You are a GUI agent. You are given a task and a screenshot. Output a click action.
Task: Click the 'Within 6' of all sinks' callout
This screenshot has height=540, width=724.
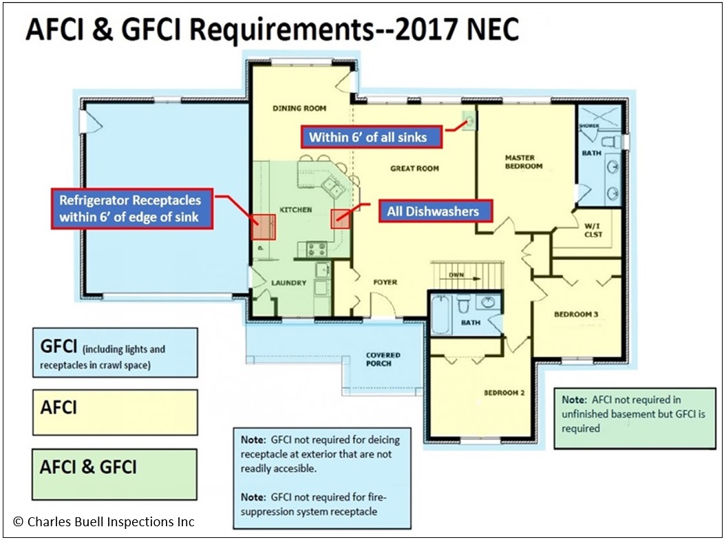coord(368,137)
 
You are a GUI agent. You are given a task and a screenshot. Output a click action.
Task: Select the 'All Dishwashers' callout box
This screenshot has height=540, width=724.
coord(432,210)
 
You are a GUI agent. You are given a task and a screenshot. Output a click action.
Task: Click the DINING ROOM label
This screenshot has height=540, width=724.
coord(299,108)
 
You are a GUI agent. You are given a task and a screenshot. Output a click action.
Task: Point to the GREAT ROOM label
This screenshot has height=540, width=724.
coord(414,169)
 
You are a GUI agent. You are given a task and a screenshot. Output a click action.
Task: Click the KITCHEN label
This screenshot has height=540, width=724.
coord(296,209)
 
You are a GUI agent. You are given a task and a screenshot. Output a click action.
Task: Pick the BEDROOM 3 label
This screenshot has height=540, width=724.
coord(576,314)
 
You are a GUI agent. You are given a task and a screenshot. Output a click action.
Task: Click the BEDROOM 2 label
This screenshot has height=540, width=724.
coord(504,393)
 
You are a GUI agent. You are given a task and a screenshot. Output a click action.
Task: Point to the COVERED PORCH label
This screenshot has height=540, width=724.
coord(383,360)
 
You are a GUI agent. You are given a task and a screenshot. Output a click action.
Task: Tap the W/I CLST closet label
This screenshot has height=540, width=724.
coord(593,230)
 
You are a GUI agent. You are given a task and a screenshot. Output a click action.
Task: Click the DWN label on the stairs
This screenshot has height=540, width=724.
coord(456,275)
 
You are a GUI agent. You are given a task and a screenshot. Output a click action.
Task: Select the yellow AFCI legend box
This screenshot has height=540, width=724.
coord(115,412)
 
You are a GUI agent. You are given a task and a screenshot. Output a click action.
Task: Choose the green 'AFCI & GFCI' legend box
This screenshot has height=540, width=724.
coord(115,473)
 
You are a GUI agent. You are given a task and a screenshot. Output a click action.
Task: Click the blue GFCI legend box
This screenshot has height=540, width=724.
coord(115,353)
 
